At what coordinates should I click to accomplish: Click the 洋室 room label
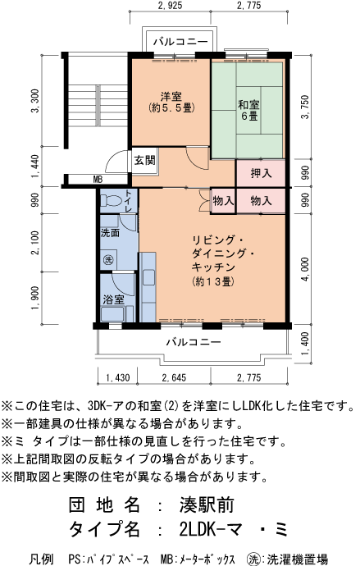[x=171, y=101]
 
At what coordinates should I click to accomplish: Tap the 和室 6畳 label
[x=248, y=110]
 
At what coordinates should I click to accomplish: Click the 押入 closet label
[x=261, y=174]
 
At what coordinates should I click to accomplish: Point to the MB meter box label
[x=98, y=179]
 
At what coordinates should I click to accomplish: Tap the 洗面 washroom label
[x=110, y=233]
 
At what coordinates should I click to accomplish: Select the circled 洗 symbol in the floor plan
[x=107, y=259]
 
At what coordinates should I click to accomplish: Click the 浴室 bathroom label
[x=113, y=300]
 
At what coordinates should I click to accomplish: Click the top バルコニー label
[x=180, y=39]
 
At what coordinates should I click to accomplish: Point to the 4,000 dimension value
[x=305, y=268]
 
